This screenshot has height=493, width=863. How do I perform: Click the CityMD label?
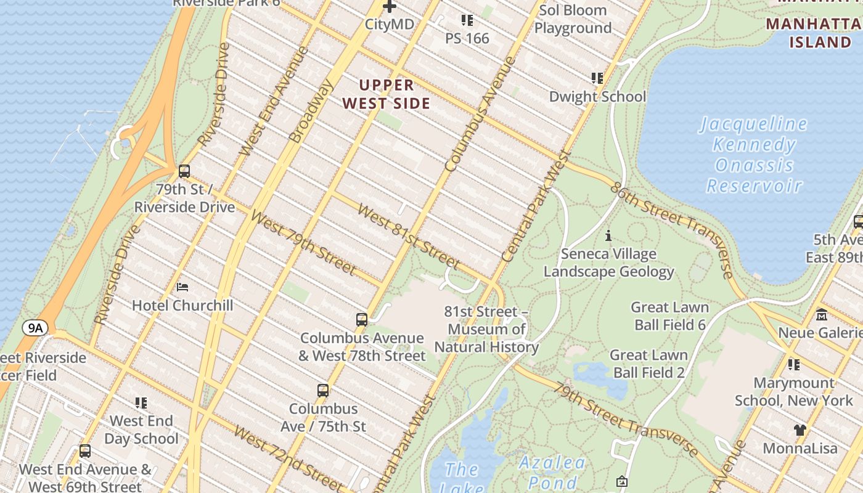coord(389,24)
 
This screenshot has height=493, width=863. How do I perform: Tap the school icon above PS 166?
coord(467,20)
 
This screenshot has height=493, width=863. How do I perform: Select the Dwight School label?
coord(597,97)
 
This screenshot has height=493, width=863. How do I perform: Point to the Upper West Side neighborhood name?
coord(387,94)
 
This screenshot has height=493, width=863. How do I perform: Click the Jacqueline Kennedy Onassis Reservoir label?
coord(754,155)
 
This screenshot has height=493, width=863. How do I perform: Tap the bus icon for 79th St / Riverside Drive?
coord(184,171)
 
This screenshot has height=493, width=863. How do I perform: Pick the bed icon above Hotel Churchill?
coord(182,287)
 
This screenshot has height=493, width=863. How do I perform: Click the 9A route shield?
coord(36,328)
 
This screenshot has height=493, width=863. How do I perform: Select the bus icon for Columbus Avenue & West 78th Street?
coord(362,320)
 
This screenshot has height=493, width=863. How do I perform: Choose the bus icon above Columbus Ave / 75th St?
coord(323,390)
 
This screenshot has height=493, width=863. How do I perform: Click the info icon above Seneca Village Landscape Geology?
coord(608,235)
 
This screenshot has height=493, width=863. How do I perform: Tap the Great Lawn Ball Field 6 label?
coord(669,316)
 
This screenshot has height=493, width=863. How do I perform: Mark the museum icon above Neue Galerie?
coord(822,315)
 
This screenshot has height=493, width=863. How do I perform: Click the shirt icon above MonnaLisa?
coord(800,430)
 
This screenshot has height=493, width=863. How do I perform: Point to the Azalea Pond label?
coord(552,473)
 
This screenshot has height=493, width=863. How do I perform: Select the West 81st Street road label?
coord(408,237)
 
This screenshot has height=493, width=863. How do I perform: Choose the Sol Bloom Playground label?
coord(573,19)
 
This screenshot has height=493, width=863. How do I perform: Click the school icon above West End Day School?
coord(141,403)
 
